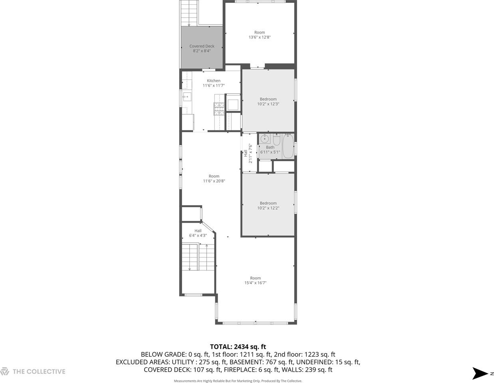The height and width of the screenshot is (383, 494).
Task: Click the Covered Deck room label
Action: pyautogui.click(x=202, y=46)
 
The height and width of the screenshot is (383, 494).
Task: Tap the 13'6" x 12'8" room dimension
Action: pyautogui.click(x=260, y=38)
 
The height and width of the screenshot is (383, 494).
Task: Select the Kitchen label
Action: pyautogui.click(x=214, y=81)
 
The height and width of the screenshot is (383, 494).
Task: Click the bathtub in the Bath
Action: pyautogui.click(x=288, y=146)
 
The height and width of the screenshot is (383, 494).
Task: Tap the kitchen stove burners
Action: pyautogui.click(x=219, y=109)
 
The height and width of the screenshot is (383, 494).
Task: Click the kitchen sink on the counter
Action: pyautogui.click(x=186, y=97)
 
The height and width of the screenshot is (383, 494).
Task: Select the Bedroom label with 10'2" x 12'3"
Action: pyautogui.click(x=268, y=99)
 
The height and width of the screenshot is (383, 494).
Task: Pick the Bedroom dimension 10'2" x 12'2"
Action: pyautogui.click(x=268, y=208)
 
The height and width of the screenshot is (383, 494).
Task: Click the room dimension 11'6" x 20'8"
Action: pyautogui.click(x=214, y=181)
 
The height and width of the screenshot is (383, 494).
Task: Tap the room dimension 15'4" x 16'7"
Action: pyautogui.click(x=255, y=283)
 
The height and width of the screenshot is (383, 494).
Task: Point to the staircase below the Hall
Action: pyautogui.click(x=198, y=258)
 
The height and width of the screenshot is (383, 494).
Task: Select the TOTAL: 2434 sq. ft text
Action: pyautogui.click(x=238, y=347)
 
